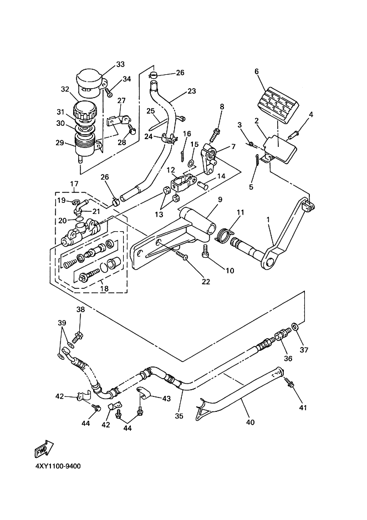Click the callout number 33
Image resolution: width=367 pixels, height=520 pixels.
(x=120, y=64)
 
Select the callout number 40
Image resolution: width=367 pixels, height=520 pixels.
(x=250, y=422)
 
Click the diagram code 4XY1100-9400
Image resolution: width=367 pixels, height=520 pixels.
(x=58, y=466)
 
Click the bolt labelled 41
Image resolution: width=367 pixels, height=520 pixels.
(x=289, y=384)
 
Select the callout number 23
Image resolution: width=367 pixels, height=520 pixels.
(x=192, y=91)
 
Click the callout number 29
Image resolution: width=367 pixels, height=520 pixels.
(x=60, y=142)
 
